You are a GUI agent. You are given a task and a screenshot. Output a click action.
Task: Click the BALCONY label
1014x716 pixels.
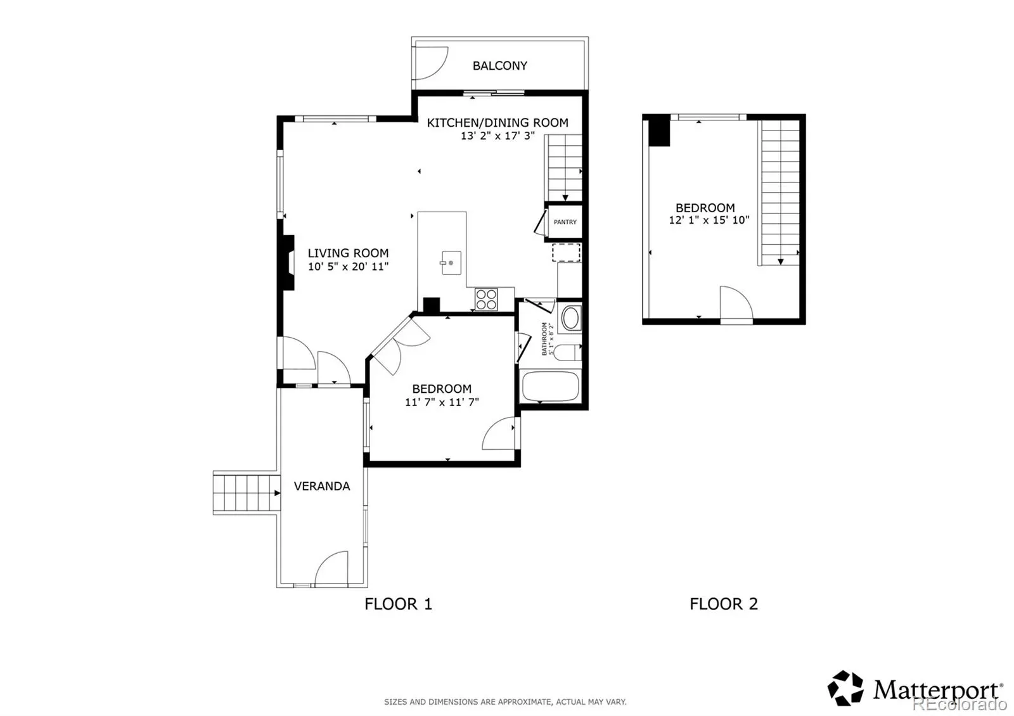[500, 66]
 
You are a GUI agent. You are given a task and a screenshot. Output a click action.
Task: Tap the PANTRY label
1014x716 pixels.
[565, 222]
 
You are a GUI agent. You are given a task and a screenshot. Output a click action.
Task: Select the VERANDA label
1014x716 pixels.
[322, 486]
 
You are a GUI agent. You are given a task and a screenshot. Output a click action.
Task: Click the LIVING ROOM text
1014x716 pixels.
[348, 253]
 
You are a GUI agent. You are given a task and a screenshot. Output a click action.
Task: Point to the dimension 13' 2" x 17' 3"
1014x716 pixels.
[497, 136]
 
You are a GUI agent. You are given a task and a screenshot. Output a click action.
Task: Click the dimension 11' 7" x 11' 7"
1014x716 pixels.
[442, 402]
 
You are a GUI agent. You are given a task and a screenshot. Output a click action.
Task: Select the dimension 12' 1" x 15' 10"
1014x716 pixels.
[709, 220]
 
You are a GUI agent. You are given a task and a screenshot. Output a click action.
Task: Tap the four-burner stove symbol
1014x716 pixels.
[486, 300]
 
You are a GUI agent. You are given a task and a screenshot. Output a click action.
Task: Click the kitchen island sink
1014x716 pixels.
[451, 263]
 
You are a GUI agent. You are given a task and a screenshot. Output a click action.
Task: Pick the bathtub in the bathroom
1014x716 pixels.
[551, 387]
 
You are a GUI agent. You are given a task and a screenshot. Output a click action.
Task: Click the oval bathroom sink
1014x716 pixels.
[571, 318]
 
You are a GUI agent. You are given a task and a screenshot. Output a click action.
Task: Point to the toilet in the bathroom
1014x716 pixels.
[567, 352]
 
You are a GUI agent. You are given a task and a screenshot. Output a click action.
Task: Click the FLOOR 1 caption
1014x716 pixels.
[399, 604]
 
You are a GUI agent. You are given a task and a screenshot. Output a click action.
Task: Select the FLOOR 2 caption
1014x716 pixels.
[723, 604]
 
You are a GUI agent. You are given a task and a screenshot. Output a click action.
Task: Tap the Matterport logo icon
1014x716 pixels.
[845, 688]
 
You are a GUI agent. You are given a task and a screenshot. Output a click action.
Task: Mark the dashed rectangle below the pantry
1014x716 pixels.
[566, 253]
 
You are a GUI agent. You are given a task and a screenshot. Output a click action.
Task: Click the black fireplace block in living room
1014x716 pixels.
[288, 262]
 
